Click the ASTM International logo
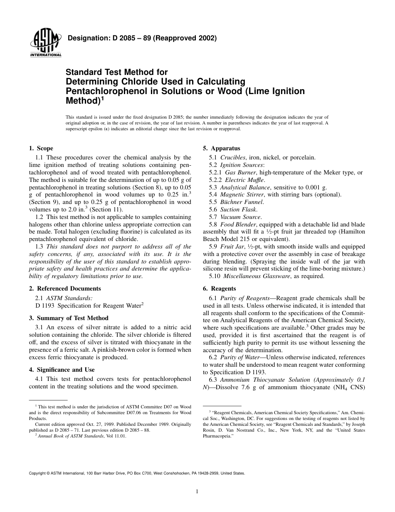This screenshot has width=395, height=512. pyautogui.click(x=45, y=44)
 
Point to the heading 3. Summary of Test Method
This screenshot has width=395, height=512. pyautogui.click(x=69, y=318)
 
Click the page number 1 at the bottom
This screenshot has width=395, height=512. pyautogui.click(x=197, y=492)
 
